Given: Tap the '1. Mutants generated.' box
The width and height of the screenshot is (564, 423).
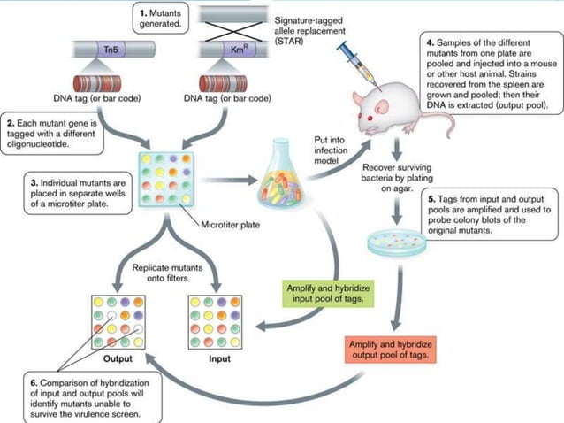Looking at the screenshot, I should point(164,18).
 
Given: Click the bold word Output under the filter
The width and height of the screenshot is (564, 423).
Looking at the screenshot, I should point(117,359).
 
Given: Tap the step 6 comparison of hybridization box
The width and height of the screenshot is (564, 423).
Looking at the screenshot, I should point(90,396).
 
